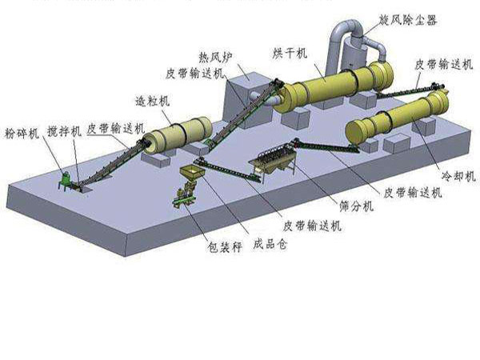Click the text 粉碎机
(22, 134)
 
